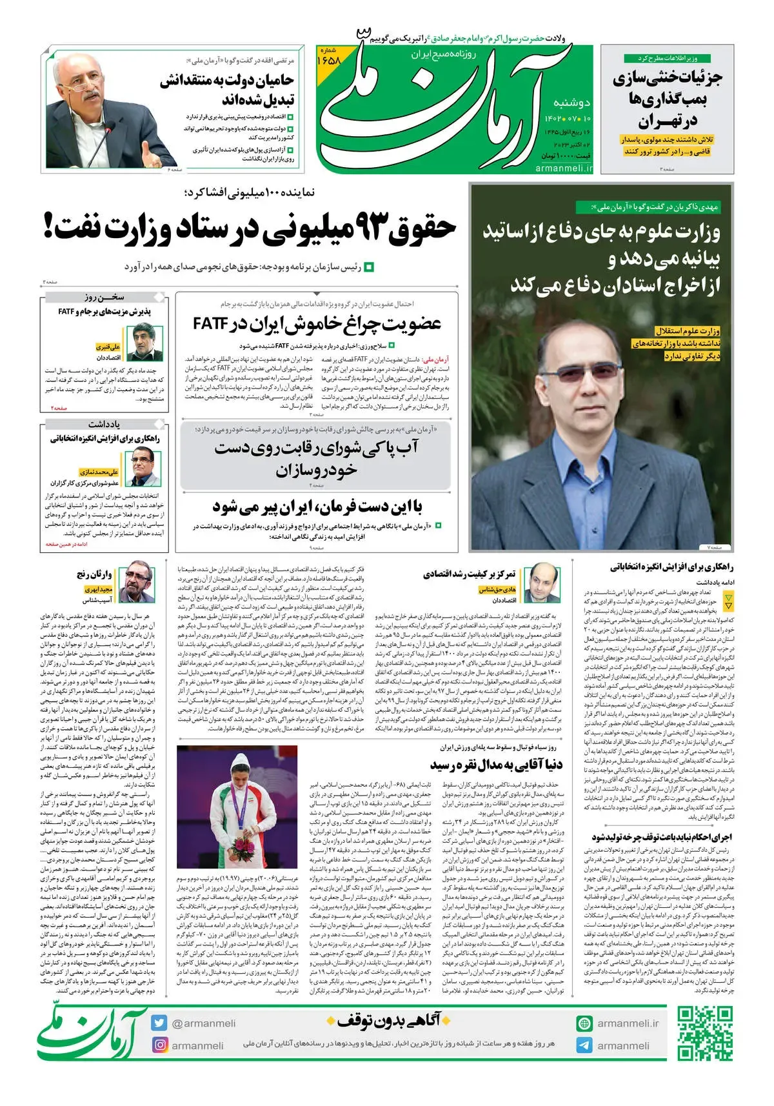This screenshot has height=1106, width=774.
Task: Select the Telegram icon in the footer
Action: point(584,1045)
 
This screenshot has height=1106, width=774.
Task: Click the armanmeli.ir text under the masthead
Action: point(563,168)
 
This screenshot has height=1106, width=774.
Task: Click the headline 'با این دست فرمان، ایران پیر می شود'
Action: point(317,507)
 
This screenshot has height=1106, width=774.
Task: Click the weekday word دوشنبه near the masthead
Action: point(572,102)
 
